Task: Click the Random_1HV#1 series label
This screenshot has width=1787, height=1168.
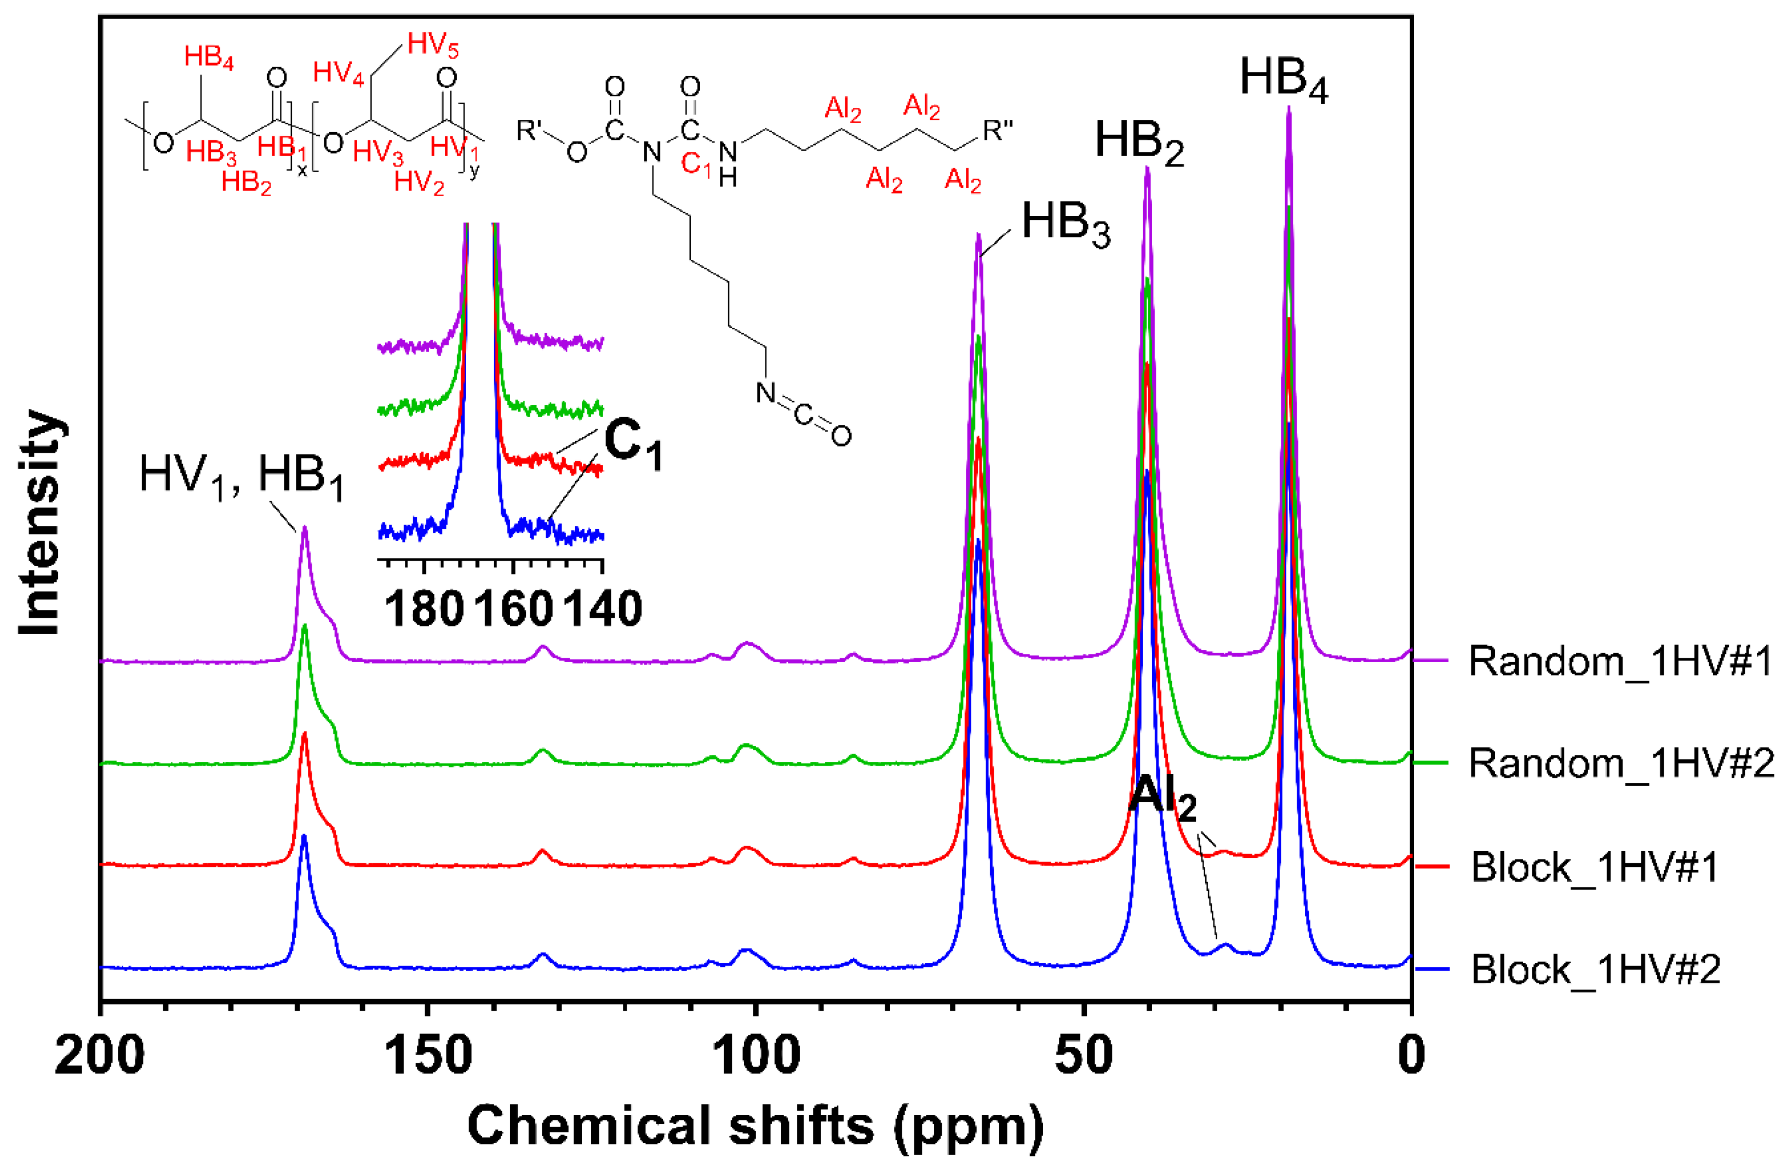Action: point(1620,662)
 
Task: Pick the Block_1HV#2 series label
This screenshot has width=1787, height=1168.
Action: point(1595,969)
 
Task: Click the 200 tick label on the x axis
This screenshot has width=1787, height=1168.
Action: point(100,1055)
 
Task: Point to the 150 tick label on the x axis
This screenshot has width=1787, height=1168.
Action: point(428,1055)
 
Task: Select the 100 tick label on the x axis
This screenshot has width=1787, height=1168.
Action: point(756,1055)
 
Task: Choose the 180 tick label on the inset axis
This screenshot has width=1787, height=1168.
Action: point(424,608)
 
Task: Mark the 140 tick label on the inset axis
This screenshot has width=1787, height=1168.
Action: point(603,608)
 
